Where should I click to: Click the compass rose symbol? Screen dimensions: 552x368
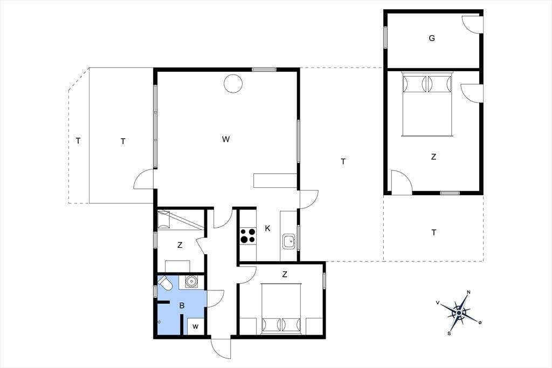[x=459, y=312]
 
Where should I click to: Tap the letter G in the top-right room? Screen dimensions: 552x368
[x=432, y=38]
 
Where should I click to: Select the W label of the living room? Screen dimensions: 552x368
[x=226, y=139]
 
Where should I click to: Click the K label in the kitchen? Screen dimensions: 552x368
[x=267, y=228]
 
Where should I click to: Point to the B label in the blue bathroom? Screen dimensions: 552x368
[x=182, y=305]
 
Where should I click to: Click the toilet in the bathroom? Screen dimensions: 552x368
[x=165, y=283]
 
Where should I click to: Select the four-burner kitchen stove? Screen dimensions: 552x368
[x=248, y=235]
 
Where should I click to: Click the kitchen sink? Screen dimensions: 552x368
[x=289, y=241]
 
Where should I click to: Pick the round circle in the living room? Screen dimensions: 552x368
[x=233, y=84]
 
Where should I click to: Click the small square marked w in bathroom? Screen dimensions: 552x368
[x=195, y=326]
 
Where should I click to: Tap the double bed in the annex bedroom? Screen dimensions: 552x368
[x=427, y=104]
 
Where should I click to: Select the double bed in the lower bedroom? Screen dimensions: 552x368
[x=281, y=309]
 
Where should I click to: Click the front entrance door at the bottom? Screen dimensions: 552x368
[x=221, y=348]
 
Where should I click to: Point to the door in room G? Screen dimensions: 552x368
[x=472, y=24]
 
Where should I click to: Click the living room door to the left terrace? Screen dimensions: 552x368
[x=144, y=179]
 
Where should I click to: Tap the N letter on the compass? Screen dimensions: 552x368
[x=468, y=292]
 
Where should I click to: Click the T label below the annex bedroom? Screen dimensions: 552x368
[x=434, y=233]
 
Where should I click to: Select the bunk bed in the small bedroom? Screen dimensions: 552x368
[x=180, y=220]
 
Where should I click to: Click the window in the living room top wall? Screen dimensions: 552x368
[x=264, y=70]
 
